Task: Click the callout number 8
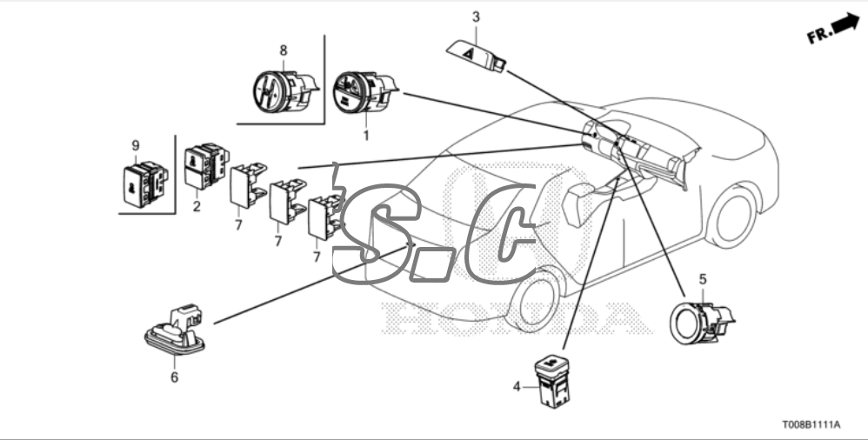coord(284,50)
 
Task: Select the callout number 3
coord(476,17)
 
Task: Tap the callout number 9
coord(136,145)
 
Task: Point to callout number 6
coord(174,377)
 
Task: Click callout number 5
coord(703,279)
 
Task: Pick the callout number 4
coord(517,387)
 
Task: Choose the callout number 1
coord(365,135)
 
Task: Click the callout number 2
coord(197,207)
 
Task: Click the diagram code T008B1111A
coord(811,424)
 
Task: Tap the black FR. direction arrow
coord(845,23)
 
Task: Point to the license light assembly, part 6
coord(174,330)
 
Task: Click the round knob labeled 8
coord(284,90)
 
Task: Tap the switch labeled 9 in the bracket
coord(144,184)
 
